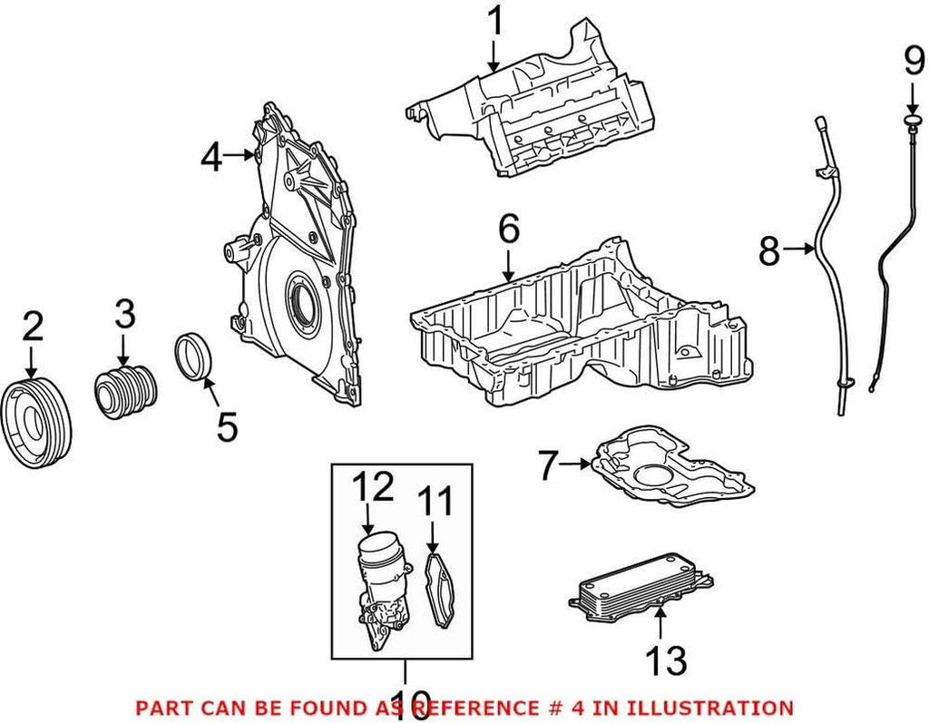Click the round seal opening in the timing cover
(299, 299)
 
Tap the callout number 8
(768, 251)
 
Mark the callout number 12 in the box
(373, 488)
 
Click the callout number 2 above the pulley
(32, 327)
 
